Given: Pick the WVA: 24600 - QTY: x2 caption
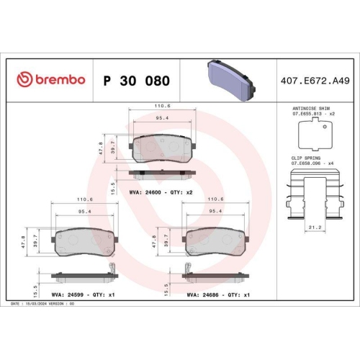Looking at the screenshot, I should click(x=161, y=193).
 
